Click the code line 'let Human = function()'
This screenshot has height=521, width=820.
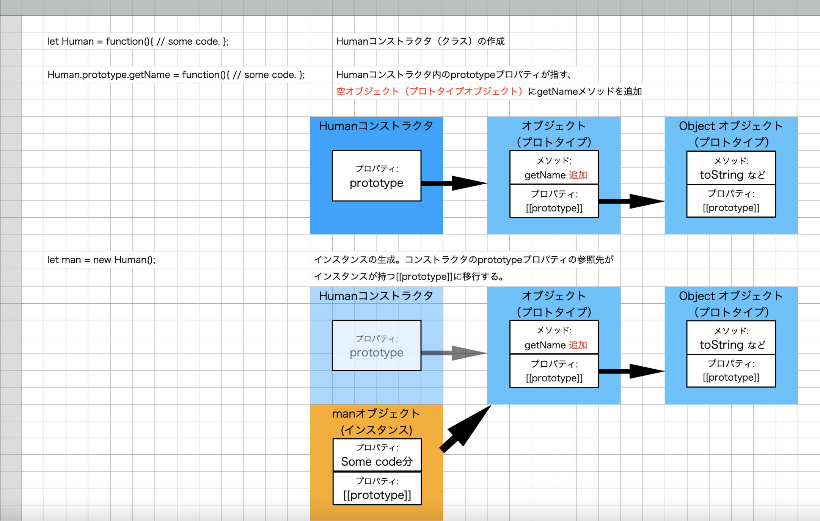click(x=138, y=41)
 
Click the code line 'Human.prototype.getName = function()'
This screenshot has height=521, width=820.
click(x=176, y=75)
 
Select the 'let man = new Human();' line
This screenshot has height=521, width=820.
click(x=101, y=260)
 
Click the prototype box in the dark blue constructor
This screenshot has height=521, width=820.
click(x=376, y=176)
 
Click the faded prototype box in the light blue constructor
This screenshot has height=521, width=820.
click(x=376, y=345)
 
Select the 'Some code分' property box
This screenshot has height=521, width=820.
click(x=377, y=455)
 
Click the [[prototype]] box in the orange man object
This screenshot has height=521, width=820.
click(x=377, y=488)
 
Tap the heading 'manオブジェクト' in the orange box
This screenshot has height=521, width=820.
click(x=376, y=413)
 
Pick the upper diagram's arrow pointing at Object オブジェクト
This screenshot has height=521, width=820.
click(x=631, y=201)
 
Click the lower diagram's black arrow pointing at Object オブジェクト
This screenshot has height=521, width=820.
click(x=631, y=371)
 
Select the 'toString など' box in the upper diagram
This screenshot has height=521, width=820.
click(x=731, y=168)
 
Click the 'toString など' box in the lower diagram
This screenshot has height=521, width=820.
click(x=731, y=338)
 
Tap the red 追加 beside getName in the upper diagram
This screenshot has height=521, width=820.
click(x=578, y=175)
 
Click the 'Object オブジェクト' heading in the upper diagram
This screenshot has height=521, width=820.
click(x=730, y=126)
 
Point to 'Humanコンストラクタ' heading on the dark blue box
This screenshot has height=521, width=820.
click(x=376, y=126)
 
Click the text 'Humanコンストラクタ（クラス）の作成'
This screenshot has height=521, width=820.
click(x=420, y=41)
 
